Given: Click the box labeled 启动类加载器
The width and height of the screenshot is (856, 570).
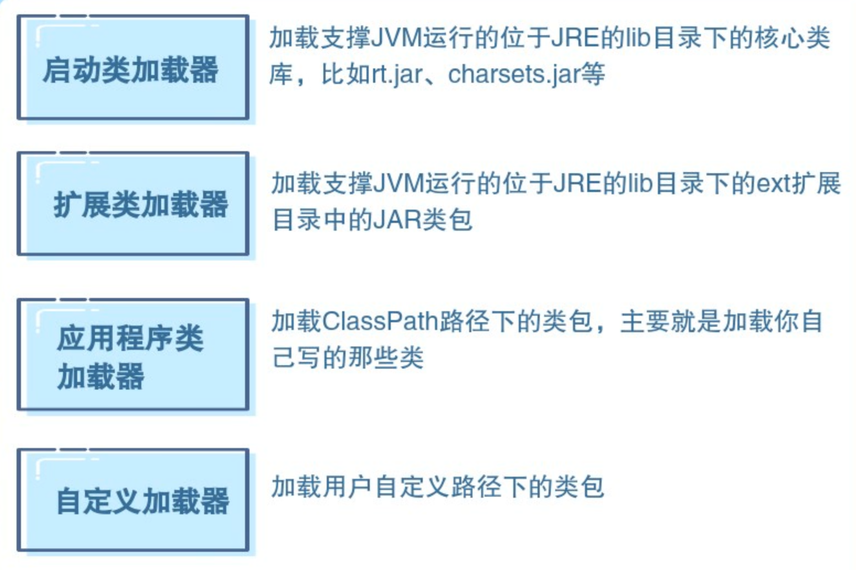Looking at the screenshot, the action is coord(133,67).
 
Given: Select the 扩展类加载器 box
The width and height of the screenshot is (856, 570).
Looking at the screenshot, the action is coord(133,204).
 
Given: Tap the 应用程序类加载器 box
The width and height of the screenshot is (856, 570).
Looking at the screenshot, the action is coord(133,355).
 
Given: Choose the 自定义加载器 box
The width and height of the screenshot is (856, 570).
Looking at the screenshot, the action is coord(133,500).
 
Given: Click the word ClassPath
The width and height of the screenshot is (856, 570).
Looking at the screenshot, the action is coord(380,321).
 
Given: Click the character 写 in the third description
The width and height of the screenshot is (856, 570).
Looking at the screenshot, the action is coord(309,358).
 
